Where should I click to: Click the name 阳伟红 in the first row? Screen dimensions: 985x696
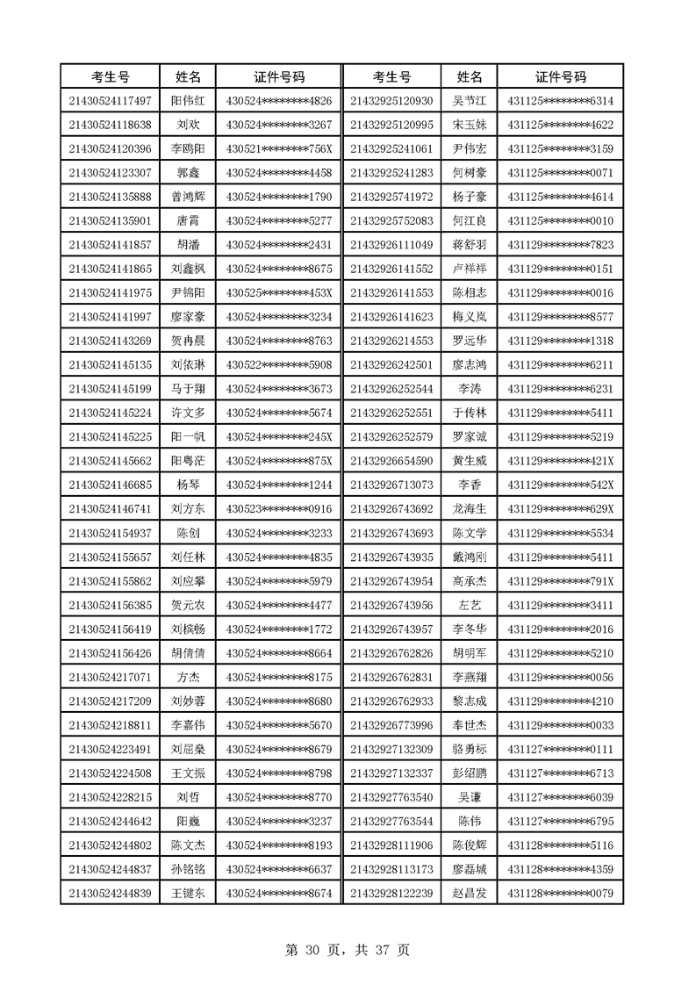point(187,101)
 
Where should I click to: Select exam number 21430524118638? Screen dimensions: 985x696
point(110,125)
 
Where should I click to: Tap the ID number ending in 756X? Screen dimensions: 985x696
point(279,148)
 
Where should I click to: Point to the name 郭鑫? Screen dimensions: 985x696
point(187,173)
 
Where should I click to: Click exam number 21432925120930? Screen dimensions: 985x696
point(391,101)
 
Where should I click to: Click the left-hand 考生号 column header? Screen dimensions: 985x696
point(110,76)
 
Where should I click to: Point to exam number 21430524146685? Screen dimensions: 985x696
point(110,484)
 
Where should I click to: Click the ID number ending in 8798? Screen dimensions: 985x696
point(279,773)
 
